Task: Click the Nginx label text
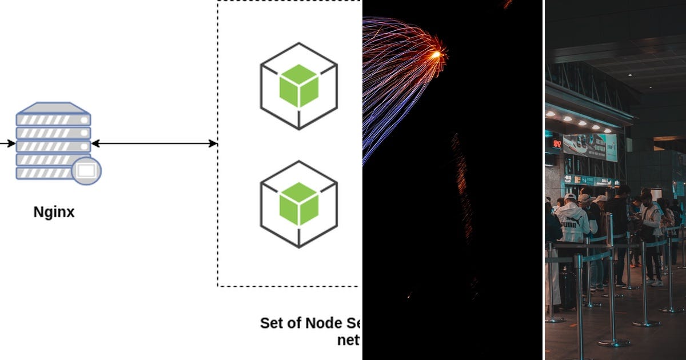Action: (54, 213)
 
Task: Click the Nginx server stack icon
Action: (53, 141)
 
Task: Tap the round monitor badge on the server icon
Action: (87, 170)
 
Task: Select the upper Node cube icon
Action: (298, 86)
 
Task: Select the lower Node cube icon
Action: (298, 204)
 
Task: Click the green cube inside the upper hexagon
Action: (298, 86)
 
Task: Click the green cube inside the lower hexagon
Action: (298, 204)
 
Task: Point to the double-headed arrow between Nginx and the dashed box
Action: (154, 143)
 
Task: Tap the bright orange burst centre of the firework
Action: (436, 55)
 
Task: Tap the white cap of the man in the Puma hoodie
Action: (570, 197)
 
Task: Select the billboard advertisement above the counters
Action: (590, 147)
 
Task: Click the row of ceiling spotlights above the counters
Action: (575, 119)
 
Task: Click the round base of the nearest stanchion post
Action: (614, 342)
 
